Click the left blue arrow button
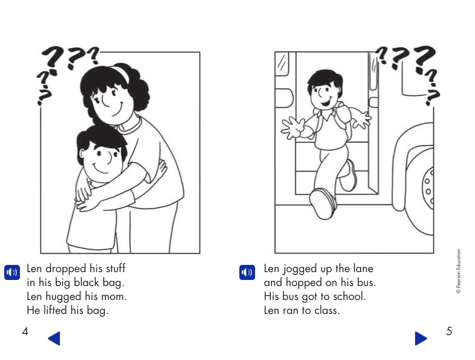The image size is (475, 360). click(54, 338)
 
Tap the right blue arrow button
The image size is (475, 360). click(421, 338)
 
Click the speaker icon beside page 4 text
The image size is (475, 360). click(12, 272)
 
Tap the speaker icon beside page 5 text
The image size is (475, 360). click(246, 272)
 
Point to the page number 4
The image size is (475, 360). click(25, 332)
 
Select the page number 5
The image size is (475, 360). click(449, 332)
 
